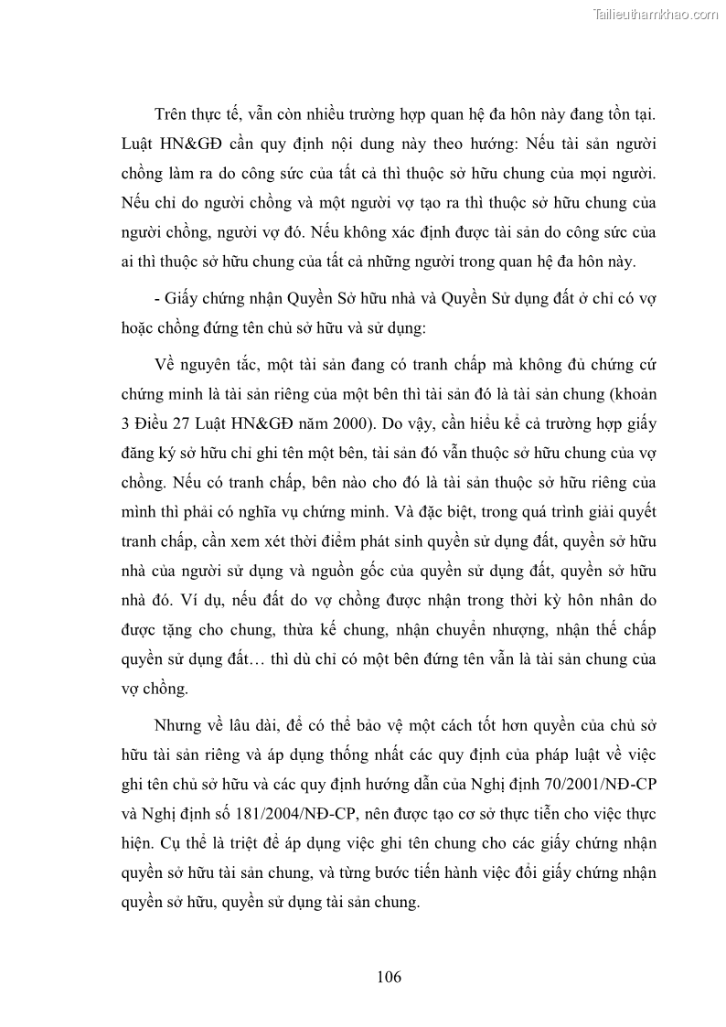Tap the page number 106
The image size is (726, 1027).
pyautogui.click(x=389, y=976)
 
